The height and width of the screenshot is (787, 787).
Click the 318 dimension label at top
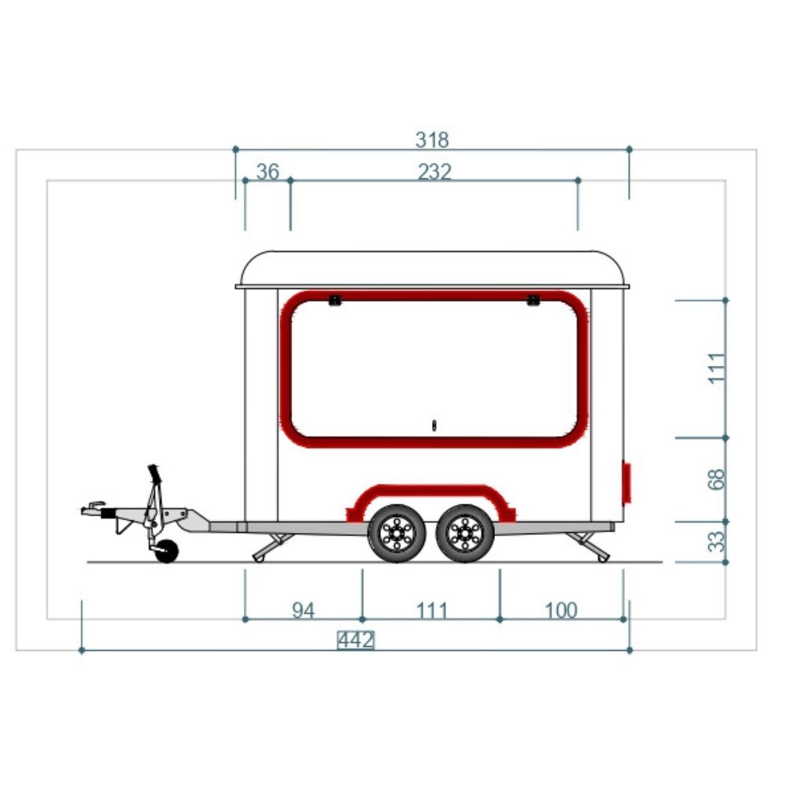point(431,139)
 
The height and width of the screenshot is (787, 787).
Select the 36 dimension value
point(268,172)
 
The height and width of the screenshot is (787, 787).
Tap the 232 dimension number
point(434,172)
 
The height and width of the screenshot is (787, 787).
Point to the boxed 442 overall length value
point(356,641)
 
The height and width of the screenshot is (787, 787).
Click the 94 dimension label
point(303,611)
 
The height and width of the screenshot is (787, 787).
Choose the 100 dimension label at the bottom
point(560,611)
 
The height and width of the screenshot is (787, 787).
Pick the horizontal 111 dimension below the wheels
point(431,611)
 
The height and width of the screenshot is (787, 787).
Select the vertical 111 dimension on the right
point(717,368)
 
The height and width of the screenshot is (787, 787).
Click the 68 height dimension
point(717,479)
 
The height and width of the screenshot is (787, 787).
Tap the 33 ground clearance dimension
point(717,541)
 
